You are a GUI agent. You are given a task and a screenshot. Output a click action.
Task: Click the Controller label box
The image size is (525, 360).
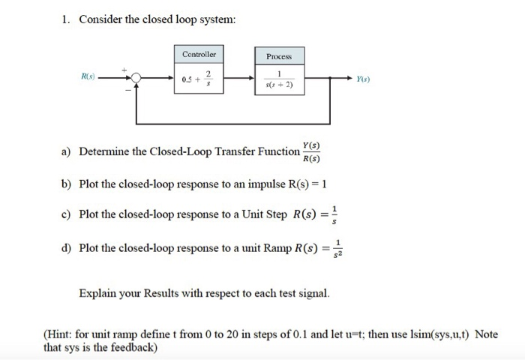[199, 55]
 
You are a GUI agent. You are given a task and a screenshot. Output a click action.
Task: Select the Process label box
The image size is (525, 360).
[278, 56]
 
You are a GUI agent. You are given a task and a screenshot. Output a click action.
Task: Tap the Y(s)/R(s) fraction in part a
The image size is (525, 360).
[311, 151]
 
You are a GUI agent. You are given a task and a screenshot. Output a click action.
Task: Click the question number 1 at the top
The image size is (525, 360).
[65, 19]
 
